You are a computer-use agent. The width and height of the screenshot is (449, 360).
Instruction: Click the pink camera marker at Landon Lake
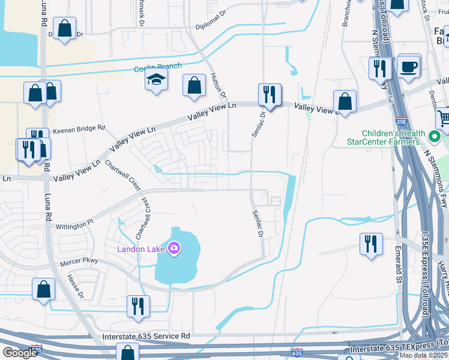click(174, 247)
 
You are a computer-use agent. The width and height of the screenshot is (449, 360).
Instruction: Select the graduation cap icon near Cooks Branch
click(156, 80)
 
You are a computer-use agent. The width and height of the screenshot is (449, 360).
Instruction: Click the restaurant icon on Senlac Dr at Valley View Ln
click(270, 95)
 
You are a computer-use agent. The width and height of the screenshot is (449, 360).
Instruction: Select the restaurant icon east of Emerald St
click(372, 244)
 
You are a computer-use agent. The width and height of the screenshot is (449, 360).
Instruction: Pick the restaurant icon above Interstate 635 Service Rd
click(138, 306)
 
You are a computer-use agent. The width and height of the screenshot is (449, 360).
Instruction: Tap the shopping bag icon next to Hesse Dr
click(44, 290)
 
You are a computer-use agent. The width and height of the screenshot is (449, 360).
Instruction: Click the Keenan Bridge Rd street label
click(79, 128)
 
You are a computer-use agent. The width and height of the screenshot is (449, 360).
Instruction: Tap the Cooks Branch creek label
click(157, 67)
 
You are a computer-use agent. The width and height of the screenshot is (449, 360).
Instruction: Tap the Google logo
click(20, 352)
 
